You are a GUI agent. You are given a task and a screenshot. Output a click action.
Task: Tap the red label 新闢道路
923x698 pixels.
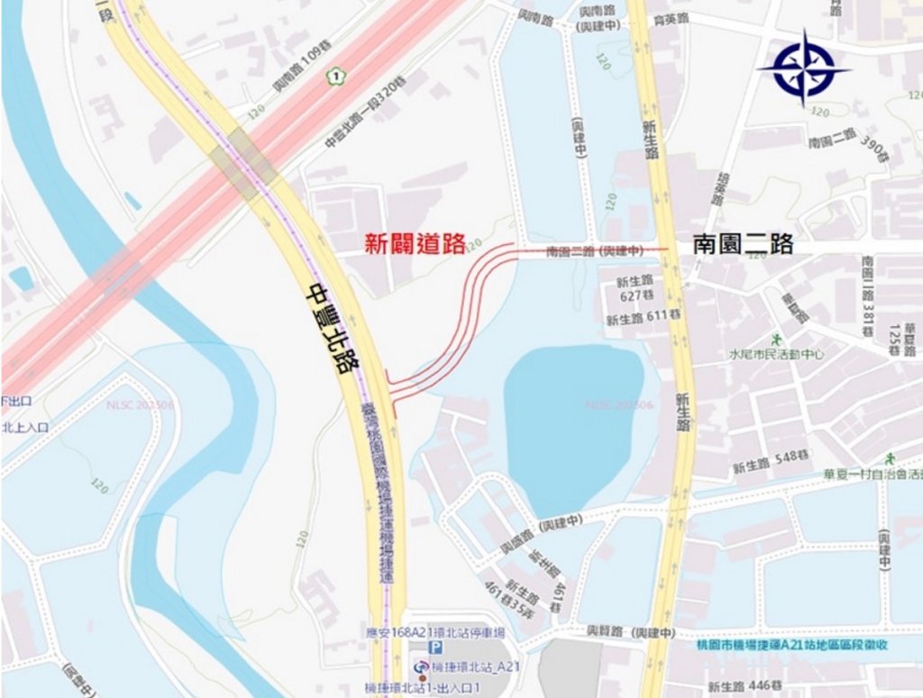tap(414, 243)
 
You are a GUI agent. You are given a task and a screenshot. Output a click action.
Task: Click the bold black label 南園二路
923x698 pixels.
tap(742, 244)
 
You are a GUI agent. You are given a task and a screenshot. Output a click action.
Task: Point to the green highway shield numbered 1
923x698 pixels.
tap(335, 77)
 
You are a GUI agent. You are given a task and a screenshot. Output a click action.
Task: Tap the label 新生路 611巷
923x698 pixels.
tap(641, 320)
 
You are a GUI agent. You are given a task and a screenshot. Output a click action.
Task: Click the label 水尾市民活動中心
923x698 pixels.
tap(776, 355)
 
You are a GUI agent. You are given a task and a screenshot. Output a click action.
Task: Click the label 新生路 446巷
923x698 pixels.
tap(743, 687)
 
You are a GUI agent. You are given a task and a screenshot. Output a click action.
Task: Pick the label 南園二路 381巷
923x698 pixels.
tap(868, 296)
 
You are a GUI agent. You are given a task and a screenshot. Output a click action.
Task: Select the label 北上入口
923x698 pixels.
tap(24, 428)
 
